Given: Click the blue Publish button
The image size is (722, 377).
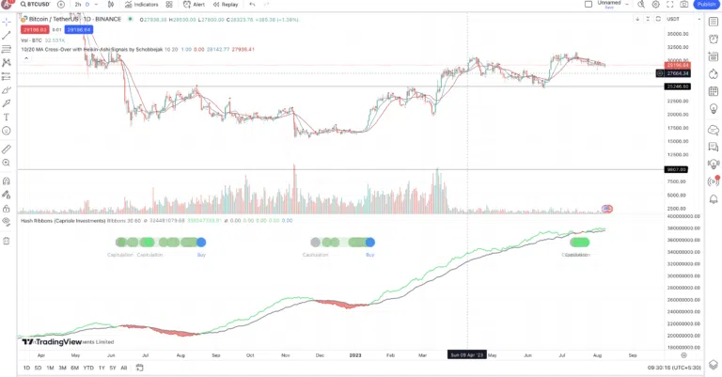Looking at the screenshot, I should [x=706, y=5].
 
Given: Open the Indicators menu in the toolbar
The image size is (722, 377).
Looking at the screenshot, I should [x=141, y=5].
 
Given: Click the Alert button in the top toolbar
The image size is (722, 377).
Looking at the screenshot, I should [x=196, y=5].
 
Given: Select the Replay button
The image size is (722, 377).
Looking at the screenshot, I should [x=226, y=5].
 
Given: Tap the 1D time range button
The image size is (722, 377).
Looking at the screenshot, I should [x=26, y=368].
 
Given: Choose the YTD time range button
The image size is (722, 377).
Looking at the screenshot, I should [x=87, y=368].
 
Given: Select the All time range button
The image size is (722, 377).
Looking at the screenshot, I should [x=123, y=368].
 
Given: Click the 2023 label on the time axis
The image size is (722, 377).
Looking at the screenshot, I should [x=354, y=355].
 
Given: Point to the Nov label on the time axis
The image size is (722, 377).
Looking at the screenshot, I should [x=285, y=355].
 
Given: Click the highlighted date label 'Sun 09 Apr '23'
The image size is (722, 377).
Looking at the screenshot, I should [x=466, y=355].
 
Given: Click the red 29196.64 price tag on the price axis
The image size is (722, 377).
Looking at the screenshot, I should [x=677, y=65].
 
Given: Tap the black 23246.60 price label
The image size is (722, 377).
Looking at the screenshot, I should [x=677, y=86].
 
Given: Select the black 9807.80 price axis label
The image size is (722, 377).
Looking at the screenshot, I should [x=677, y=169].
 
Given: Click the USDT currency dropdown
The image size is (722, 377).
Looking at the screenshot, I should [x=673, y=19].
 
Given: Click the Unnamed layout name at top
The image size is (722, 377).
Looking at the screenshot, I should [x=610, y=3].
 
